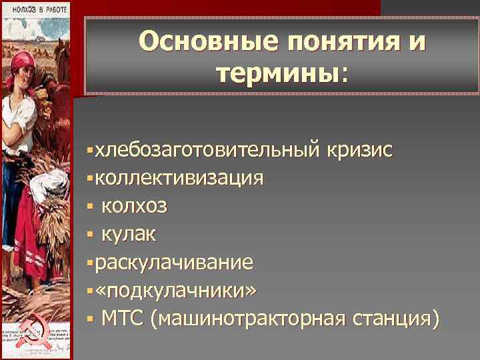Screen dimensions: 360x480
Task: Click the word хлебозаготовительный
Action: pyautogui.click(x=207, y=151)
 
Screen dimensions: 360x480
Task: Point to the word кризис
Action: pyautogui.click(x=359, y=151)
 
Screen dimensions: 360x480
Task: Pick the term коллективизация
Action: pyautogui.click(x=179, y=179)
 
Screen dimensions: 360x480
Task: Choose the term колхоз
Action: pyautogui.click(x=135, y=207)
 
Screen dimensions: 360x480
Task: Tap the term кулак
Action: pyautogui.click(x=129, y=235)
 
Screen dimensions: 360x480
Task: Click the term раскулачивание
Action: pyautogui.click(x=174, y=263)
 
